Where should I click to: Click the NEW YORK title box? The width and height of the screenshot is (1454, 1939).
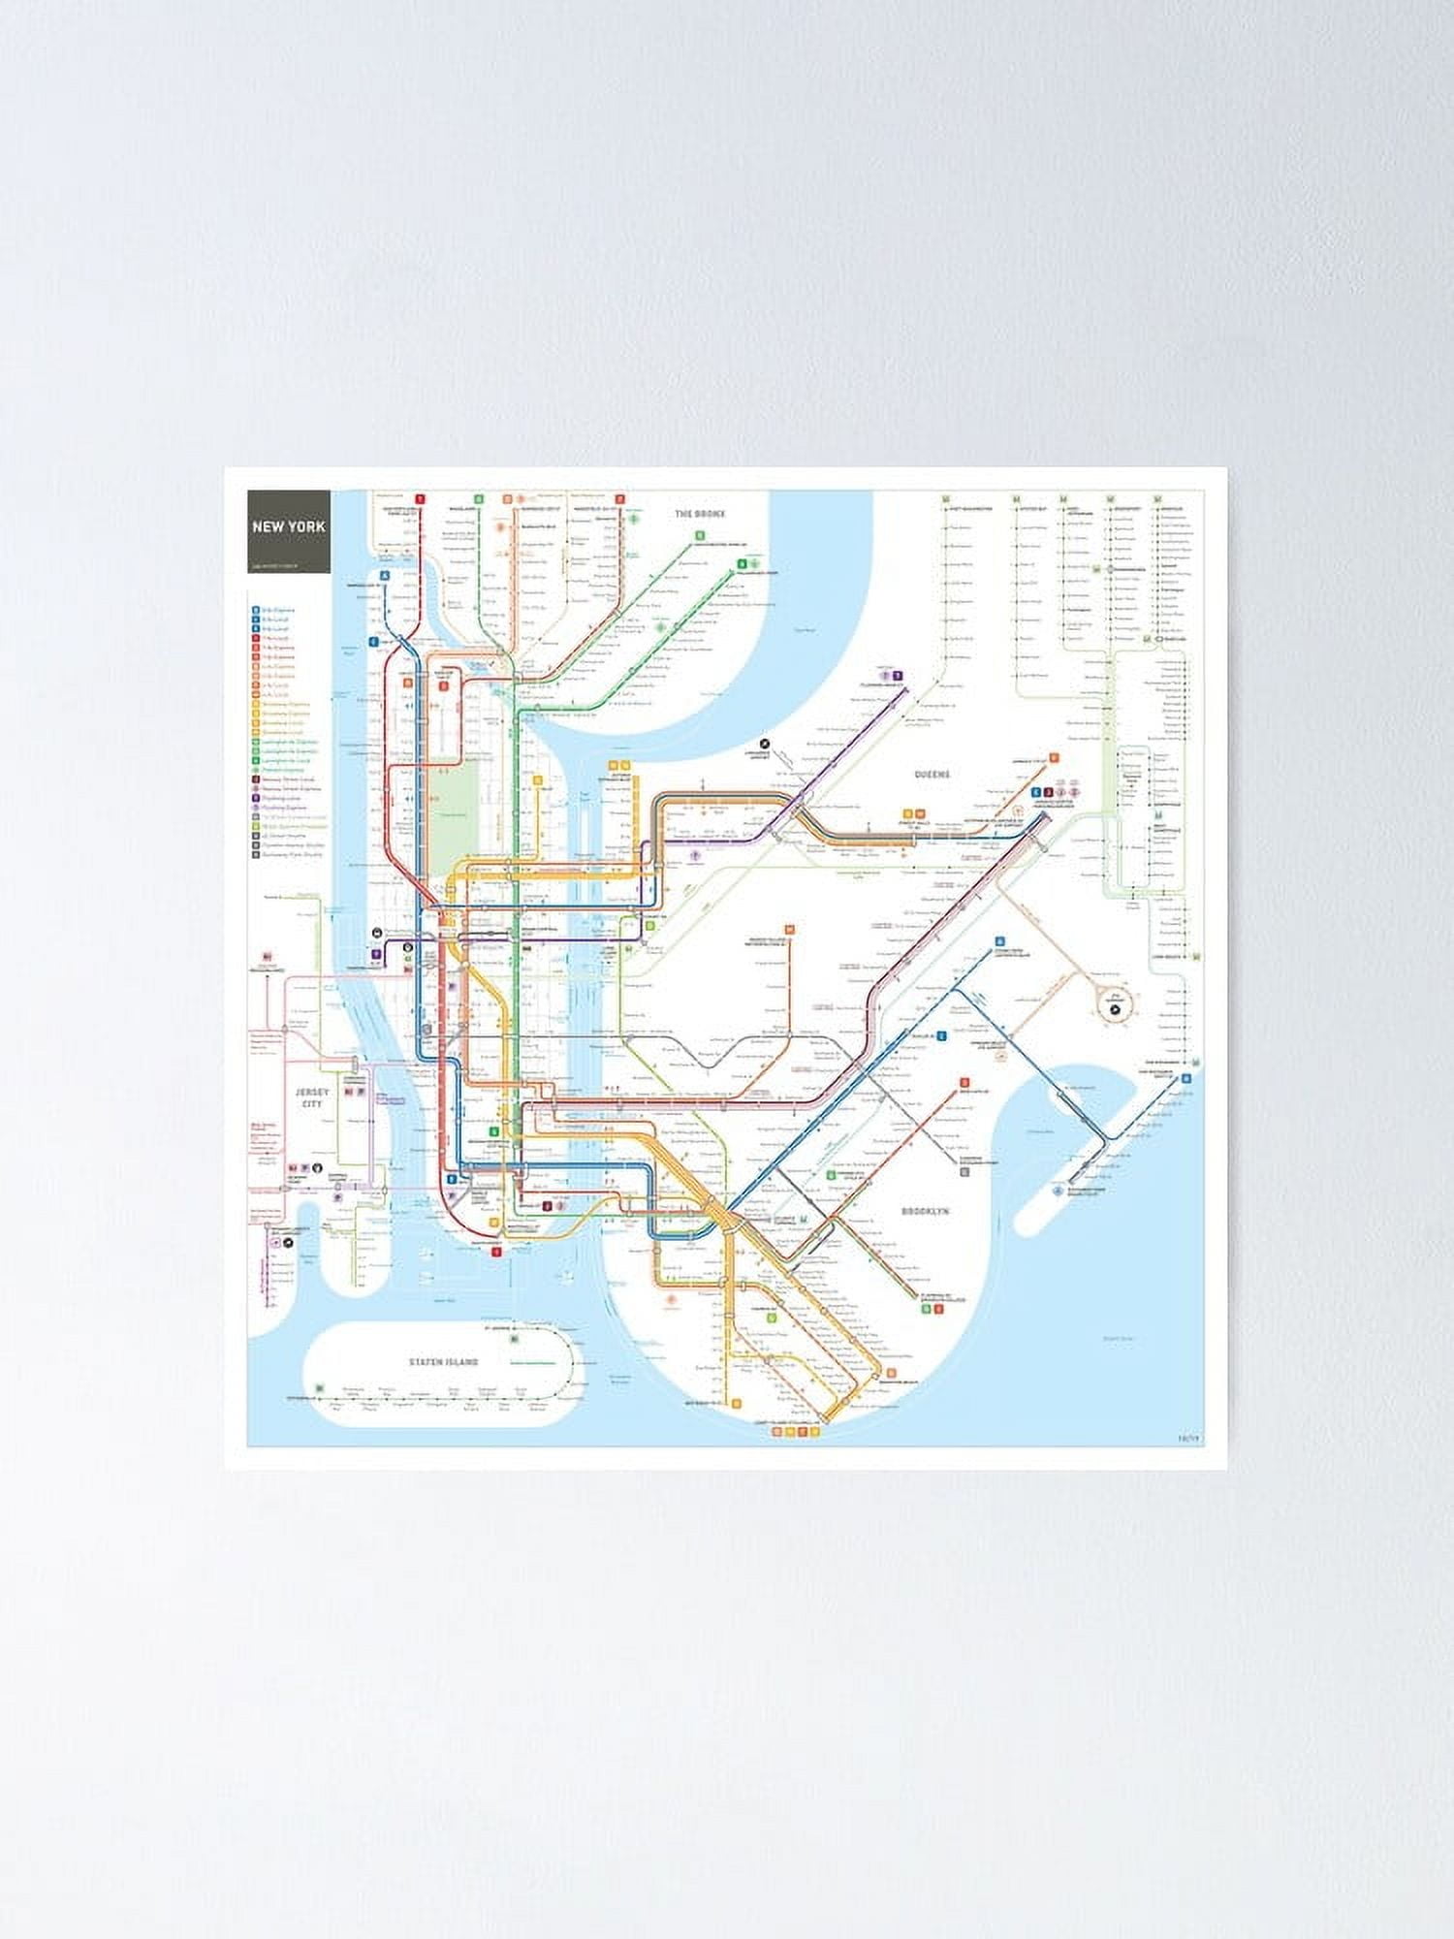[288, 529]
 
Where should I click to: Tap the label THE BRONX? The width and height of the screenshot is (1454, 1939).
[701, 513]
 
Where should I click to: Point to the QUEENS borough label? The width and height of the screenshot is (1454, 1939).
[932, 775]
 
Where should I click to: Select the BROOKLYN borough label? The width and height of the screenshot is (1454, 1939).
[925, 1212]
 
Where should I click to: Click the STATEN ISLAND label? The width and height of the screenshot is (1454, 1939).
[443, 1362]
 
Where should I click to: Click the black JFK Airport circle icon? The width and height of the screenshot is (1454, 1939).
[1114, 1009]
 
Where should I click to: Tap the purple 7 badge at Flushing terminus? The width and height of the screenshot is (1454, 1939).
[899, 676]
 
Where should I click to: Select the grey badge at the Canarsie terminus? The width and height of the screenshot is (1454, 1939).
[964, 1171]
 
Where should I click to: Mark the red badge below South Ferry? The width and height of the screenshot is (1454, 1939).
[497, 1252]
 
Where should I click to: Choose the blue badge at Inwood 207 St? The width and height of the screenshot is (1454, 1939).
[385, 574]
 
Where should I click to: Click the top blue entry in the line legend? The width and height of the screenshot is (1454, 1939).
[256, 611]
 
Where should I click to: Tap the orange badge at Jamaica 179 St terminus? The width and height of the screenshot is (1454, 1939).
[1053, 759]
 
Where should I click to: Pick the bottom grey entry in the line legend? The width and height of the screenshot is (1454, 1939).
[256, 854]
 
